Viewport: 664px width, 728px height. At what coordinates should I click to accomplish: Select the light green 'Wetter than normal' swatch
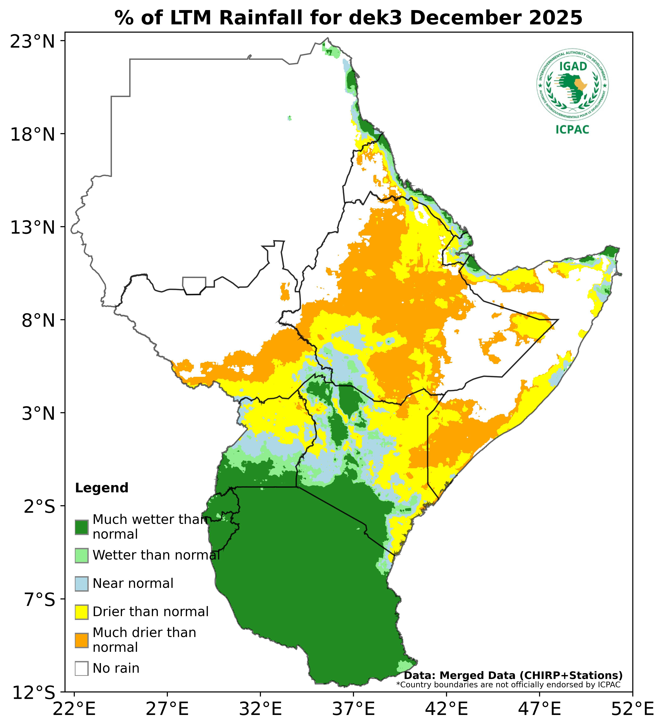click(x=82, y=555)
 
